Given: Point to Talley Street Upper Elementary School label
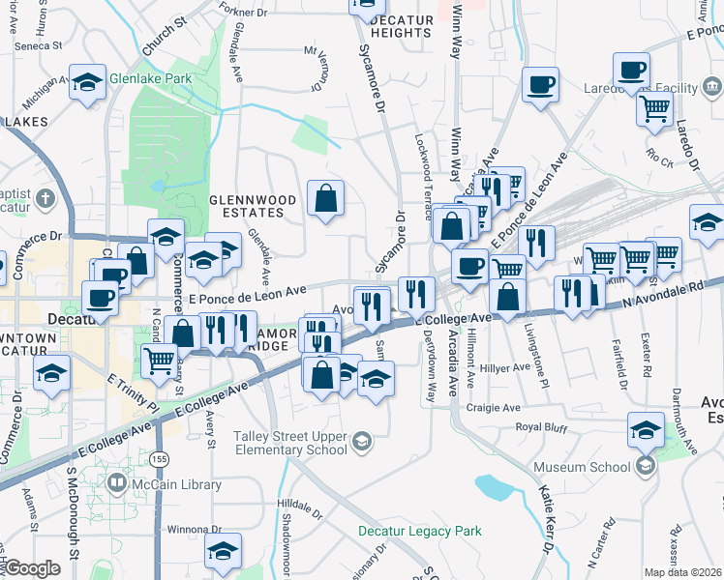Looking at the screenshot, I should coord(289,443).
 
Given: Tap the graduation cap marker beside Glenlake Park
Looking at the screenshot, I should coord(88,82).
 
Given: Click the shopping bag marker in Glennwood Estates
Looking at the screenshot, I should coord(326,198).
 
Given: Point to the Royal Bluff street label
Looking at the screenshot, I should coord(542,426).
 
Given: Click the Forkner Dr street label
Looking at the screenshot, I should coord(242,13).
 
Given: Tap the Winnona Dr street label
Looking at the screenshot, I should coord(195,529).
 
